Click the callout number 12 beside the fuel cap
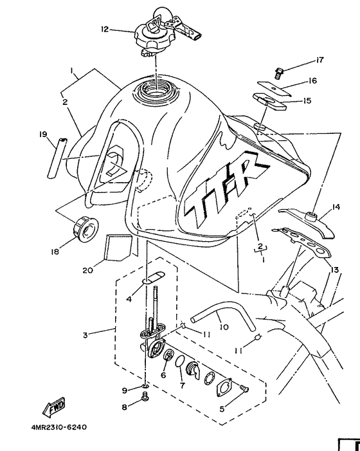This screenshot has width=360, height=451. coord(105,29)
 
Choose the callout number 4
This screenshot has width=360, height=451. coord(129,298)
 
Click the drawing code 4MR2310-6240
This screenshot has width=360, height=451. coord(58,426)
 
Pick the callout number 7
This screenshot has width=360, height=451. coord(181,386)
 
